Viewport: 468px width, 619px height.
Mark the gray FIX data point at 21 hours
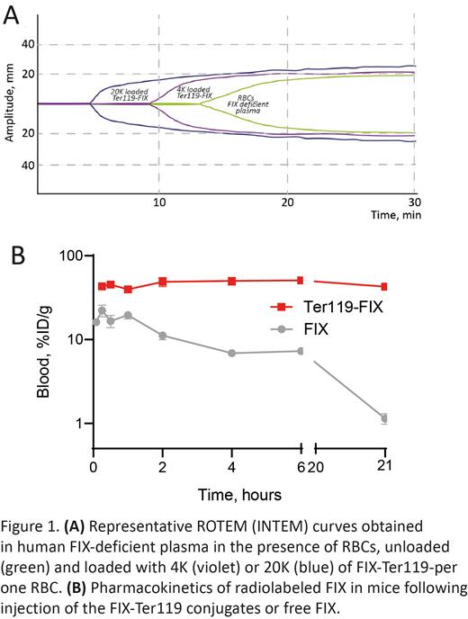384,418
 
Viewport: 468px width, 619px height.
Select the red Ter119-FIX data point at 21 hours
384,287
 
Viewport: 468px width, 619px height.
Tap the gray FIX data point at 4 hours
232,353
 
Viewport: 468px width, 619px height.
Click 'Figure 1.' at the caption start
31,525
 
